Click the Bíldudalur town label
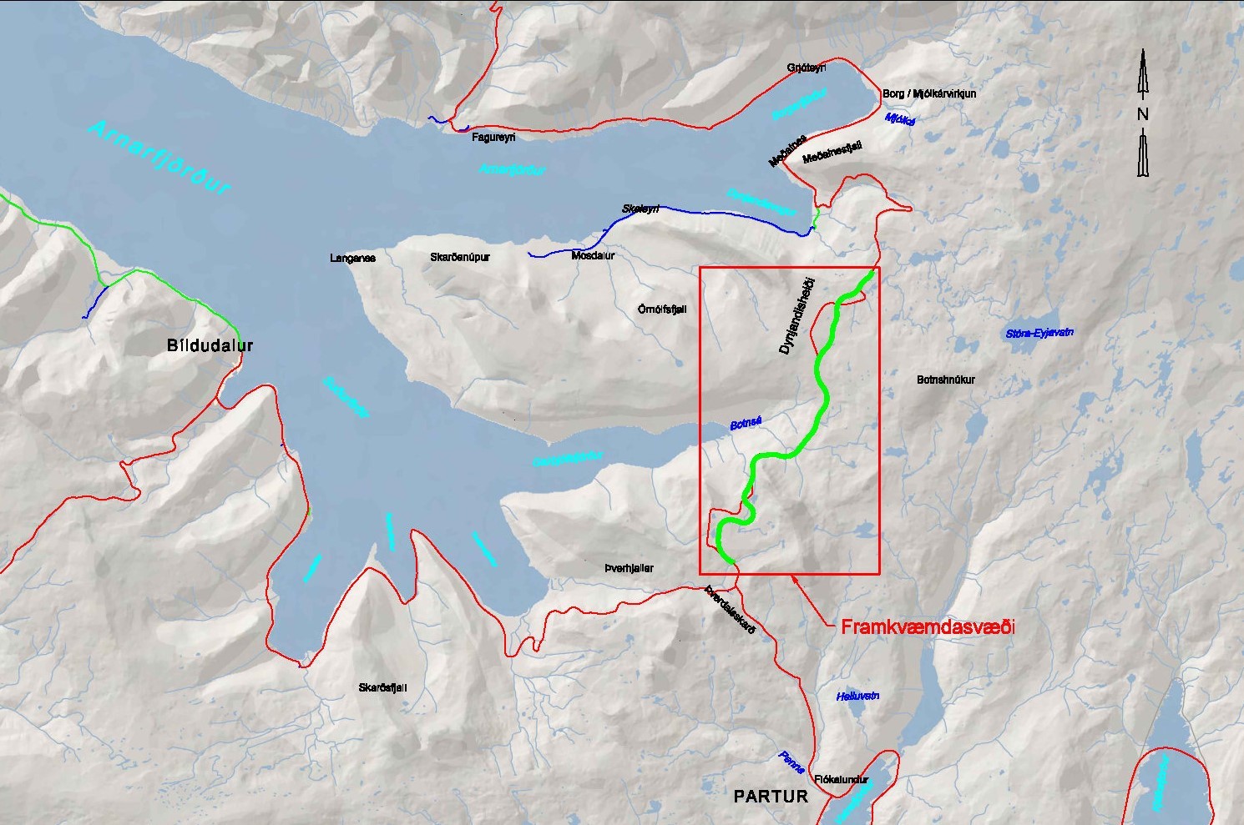[209, 345]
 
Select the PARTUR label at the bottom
[771, 796]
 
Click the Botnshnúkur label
[945, 380]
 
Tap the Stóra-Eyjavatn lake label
[1039, 333]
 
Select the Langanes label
[352, 258]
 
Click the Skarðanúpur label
[459, 257]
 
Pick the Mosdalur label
[593, 255]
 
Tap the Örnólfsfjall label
[661, 309]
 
